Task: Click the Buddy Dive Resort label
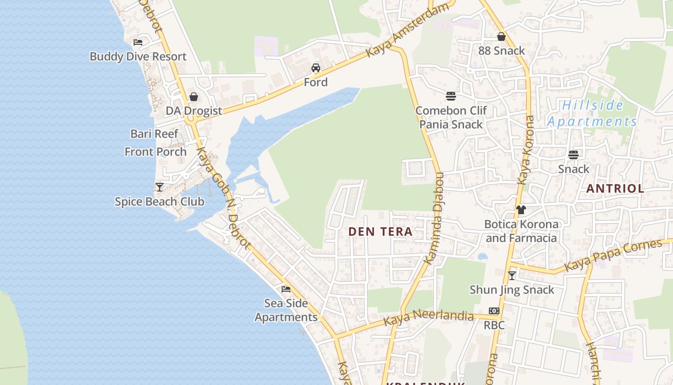click(138, 56)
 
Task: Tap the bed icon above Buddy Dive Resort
click(138, 42)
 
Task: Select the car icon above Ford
click(316, 68)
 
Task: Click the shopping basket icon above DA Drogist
click(194, 97)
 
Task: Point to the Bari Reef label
click(154, 134)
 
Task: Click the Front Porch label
click(155, 152)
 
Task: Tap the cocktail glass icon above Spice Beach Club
click(160, 187)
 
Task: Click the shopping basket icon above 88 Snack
click(501, 37)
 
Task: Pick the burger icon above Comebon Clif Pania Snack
click(451, 96)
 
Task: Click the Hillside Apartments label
click(593, 113)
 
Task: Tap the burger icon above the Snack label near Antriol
click(573, 155)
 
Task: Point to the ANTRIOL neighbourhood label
click(615, 189)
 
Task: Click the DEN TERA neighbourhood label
click(380, 231)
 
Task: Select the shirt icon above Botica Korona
click(521, 210)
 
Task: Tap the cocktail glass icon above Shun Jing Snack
click(512, 276)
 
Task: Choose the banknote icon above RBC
click(494, 311)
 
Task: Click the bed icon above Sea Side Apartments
click(286, 289)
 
